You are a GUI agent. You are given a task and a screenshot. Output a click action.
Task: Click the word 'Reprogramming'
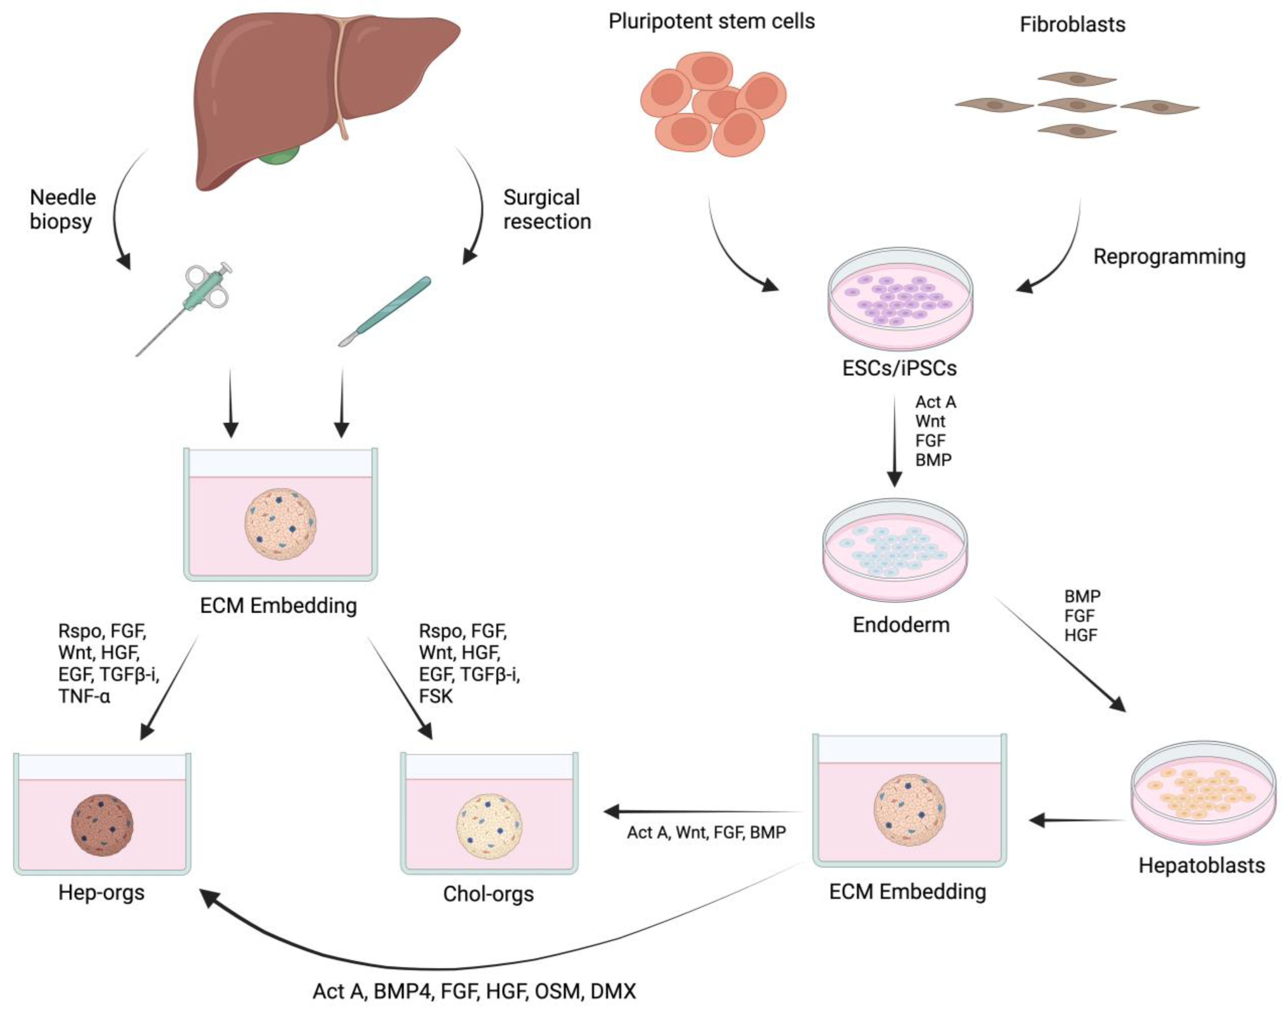click(x=1169, y=257)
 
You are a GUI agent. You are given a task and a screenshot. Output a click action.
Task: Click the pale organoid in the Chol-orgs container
click(x=489, y=826)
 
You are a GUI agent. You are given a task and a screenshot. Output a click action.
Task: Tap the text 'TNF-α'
click(x=84, y=696)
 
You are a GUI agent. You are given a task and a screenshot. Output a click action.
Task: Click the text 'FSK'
click(x=436, y=696)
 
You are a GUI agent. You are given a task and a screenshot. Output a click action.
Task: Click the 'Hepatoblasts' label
click(x=1201, y=865)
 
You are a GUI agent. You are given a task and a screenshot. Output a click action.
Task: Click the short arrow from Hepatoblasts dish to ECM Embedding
click(x=1077, y=821)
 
